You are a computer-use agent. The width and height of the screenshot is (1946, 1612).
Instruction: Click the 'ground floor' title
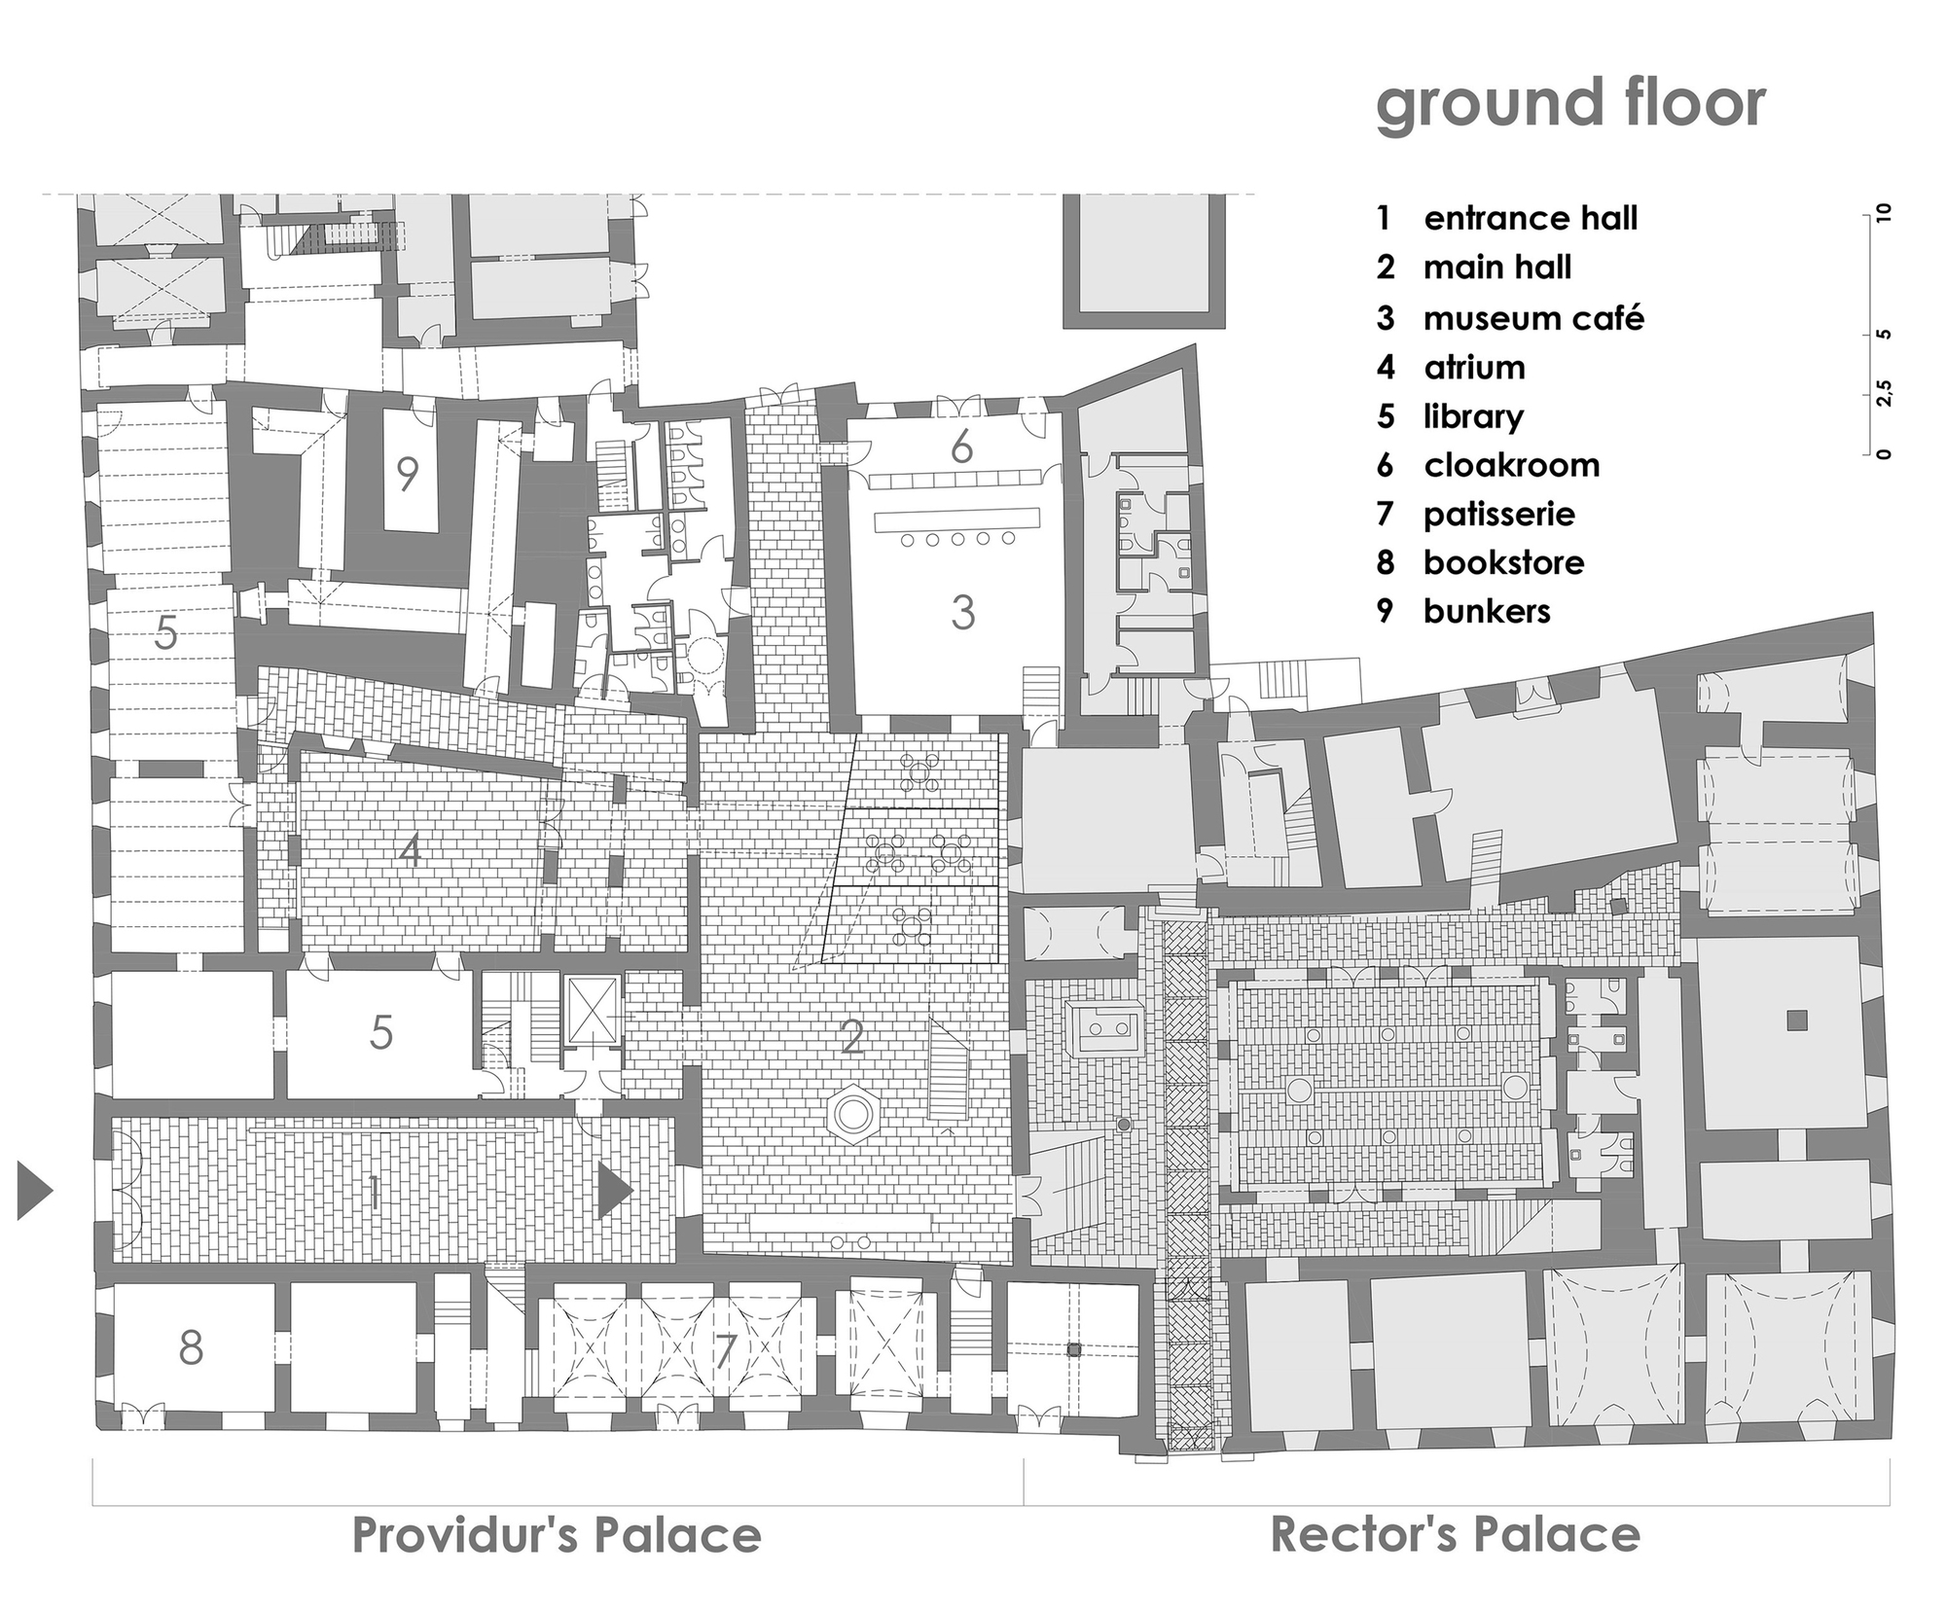click(1569, 105)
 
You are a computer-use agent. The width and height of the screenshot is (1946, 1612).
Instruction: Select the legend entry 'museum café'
click(1532, 318)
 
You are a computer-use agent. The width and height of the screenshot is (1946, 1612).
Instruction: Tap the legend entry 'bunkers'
click(1486, 611)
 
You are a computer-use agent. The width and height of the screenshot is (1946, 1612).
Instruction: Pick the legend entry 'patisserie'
click(1498, 514)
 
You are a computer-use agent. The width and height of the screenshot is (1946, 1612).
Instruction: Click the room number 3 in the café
click(962, 613)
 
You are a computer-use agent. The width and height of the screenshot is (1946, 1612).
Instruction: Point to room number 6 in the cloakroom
click(961, 448)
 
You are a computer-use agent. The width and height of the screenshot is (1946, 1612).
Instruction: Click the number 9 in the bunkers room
click(408, 474)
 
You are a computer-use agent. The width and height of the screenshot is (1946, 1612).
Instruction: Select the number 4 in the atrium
click(410, 852)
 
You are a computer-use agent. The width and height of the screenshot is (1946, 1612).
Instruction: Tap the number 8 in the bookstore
click(192, 1347)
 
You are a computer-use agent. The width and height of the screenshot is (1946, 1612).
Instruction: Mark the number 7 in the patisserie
click(725, 1350)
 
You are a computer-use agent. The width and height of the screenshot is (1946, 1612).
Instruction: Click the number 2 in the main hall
click(852, 1038)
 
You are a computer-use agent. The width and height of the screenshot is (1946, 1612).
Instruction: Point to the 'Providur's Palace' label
click(557, 1535)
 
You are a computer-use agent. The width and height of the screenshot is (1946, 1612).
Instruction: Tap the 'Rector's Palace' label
click(1456, 1535)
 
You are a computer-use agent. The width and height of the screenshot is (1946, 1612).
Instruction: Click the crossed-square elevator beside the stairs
click(593, 1011)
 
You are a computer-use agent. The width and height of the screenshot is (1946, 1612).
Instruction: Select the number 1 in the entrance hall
click(374, 1193)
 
